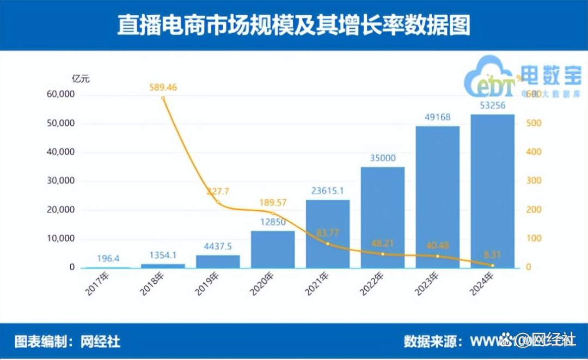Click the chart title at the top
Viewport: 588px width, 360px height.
(x=293, y=26)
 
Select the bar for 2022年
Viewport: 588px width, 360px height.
(x=382, y=218)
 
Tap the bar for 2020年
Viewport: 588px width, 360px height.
(x=273, y=249)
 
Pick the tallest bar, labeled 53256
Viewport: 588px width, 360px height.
(x=492, y=191)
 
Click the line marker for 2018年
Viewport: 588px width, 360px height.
(x=163, y=97)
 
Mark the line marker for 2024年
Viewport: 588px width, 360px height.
(x=492, y=265)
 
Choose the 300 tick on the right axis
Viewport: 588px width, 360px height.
(x=534, y=181)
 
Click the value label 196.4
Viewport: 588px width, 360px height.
(x=108, y=259)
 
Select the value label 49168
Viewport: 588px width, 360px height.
(x=437, y=117)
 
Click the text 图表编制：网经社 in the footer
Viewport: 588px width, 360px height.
(x=68, y=341)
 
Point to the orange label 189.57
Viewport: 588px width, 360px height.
(x=272, y=203)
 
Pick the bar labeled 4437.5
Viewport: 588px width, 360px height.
(x=218, y=261)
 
